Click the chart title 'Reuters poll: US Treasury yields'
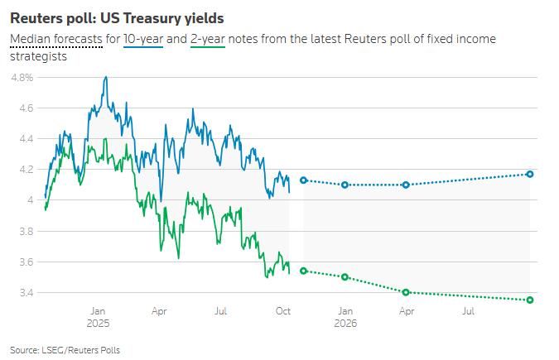pos(117,17)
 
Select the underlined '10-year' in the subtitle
pos(144,40)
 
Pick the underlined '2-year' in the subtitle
pos(210,40)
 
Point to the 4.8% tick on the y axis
pos(22,77)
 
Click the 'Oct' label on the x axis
pos(283,311)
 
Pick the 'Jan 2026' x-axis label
pos(345,317)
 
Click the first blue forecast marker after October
pos(303,180)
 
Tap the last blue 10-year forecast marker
pos(529,174)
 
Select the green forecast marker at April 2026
pos(406,292)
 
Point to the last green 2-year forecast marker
pos(529,300)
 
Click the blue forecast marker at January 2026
pos(345,185)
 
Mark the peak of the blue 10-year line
pos(105,77)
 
